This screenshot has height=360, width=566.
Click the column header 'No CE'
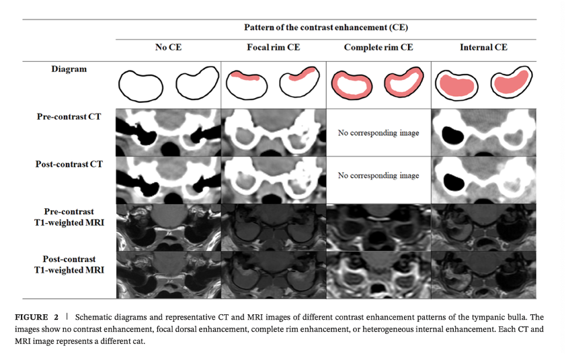tap(168, 48)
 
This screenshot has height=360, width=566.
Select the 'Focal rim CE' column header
tap(274, 48)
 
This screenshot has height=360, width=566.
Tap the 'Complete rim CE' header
tap(378, 48)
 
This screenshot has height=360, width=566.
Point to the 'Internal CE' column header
tap(483, 48)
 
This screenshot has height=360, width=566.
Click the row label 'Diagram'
tap(69, 69)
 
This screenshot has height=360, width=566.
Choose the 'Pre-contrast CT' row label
tap(69, 116)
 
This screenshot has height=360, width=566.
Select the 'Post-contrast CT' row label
tap(69, 163)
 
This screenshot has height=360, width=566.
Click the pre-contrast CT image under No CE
tap(168, 132)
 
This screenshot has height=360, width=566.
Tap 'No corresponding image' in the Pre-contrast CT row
tap(378, 133)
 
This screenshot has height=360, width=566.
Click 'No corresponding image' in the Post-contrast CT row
tap(378, 176)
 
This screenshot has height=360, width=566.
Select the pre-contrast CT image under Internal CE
tap(483, 132)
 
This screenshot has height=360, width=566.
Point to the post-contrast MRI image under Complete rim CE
tap(378, 274)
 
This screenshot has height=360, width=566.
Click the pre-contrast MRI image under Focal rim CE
tap(274, 227)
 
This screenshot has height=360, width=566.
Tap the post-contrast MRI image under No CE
tap(168, 274)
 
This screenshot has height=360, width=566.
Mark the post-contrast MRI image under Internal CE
tap(483, 274)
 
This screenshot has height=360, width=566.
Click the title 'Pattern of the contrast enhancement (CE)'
tap(326, 28)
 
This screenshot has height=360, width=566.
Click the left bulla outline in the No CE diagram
tap(140, 86)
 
